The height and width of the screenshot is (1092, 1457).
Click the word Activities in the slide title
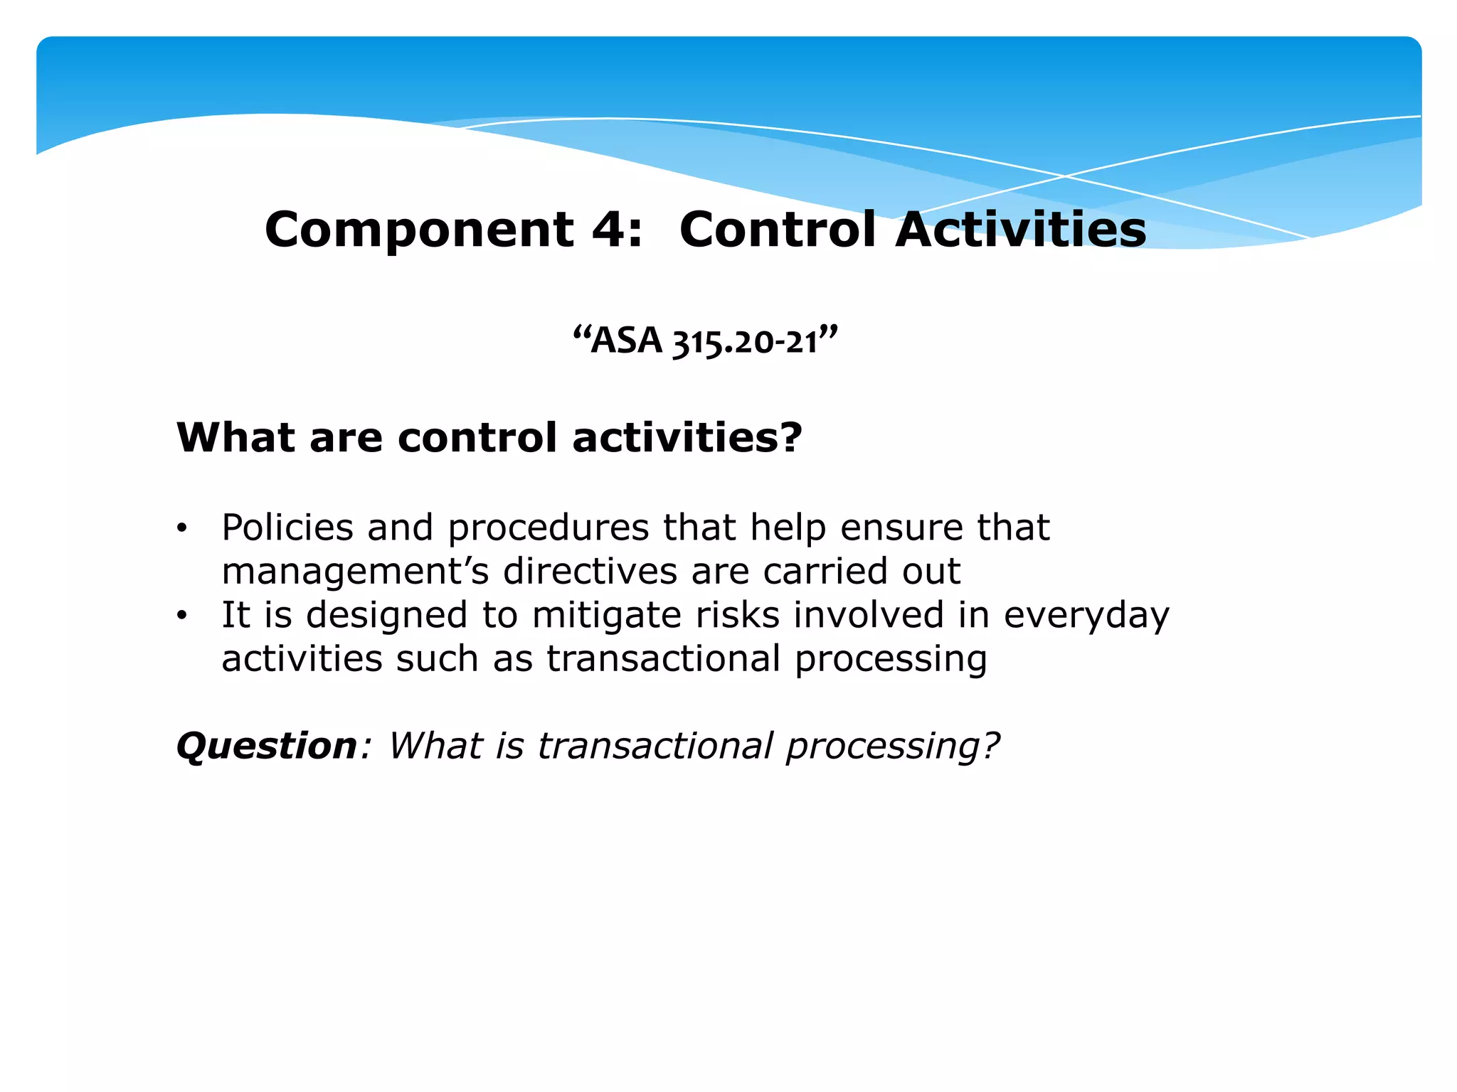click(x=1021, y=230)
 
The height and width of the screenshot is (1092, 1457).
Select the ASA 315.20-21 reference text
click(x=705, y=341)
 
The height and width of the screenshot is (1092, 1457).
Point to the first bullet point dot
click(x=182, y=528)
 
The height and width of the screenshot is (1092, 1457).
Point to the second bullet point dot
click(x=182, y=616)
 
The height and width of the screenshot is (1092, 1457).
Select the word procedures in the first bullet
click(x=549, y=528)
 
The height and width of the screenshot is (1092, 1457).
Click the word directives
click(x=590, y=572)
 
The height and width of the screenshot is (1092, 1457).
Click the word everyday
click(x=1086, y=616)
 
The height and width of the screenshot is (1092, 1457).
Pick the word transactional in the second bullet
click(x=664, y=659)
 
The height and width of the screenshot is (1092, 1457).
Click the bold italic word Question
click(x=267, y=746)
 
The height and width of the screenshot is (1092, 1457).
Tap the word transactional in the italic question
click(x=655, y=746)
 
